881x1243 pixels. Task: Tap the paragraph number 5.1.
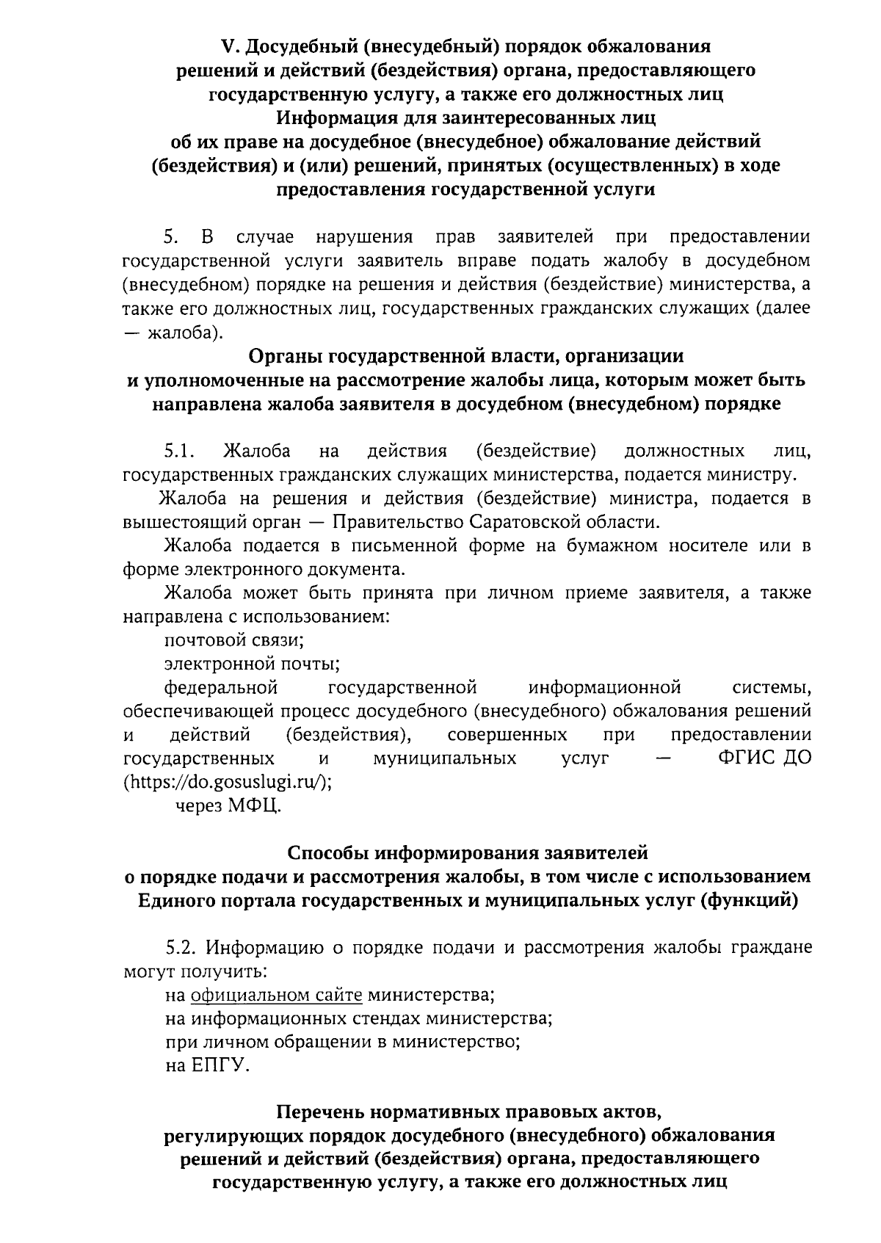click(179, 451)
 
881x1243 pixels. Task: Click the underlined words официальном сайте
click(277, 996)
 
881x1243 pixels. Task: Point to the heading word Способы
click(328, 853)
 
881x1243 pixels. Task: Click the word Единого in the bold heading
click(177, 900)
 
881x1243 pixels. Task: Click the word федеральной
click(221, 688)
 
